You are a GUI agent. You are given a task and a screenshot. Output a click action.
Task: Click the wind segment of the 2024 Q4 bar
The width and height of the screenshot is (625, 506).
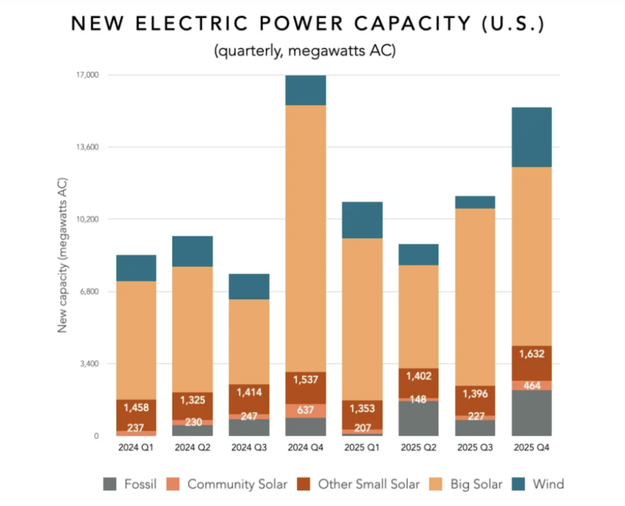[305, 90]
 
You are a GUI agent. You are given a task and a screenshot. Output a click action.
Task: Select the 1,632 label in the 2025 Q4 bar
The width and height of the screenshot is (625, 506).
[531, 354]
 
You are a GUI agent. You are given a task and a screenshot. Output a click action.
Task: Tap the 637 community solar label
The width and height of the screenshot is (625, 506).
[305, 410]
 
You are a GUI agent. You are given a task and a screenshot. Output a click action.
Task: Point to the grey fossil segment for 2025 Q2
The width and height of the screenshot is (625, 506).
[418, 419]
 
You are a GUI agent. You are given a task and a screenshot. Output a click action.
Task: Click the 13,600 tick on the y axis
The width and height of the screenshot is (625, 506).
[87, 147]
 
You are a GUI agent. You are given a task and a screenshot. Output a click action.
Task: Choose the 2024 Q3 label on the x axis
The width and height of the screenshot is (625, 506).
[249, 447]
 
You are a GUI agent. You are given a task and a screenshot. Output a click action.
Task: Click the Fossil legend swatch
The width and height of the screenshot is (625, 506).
[110, 484]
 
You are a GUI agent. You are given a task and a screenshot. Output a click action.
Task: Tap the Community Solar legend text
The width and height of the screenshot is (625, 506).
[237, 484]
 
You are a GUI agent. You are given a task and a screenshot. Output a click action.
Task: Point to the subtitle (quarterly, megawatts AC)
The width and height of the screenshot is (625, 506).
[305, 51]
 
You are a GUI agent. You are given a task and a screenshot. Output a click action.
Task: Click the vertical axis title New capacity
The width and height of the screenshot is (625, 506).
[62, 255]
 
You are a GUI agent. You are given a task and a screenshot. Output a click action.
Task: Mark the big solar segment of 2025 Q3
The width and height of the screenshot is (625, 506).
[475, 297]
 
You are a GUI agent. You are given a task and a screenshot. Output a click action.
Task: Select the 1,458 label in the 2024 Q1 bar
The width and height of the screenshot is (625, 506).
[136, 408]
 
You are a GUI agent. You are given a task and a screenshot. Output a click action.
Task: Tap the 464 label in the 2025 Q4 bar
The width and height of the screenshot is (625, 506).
[531, 385]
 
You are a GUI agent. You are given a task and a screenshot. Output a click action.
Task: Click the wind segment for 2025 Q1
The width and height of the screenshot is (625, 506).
[362, 220]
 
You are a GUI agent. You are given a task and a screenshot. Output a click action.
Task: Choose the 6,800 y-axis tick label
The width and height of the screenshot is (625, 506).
[89, 291]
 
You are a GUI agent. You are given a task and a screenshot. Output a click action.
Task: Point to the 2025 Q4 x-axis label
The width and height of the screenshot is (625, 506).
[531, 447]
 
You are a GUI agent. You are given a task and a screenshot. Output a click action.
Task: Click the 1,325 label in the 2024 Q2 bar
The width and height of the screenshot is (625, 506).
[192, 400]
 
